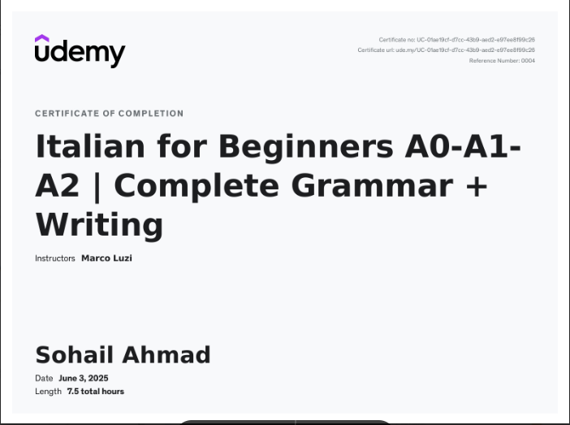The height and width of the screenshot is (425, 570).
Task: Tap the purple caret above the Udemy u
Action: coord(42,38)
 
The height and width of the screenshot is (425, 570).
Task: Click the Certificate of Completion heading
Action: coord(109,114)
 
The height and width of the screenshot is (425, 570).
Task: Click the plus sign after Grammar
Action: coord(476,185)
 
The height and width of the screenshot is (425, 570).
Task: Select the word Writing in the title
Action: coord(99,224)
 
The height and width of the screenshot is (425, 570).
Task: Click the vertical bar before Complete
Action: coord(97,185)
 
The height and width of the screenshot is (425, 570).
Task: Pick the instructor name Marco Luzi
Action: coord(106,258)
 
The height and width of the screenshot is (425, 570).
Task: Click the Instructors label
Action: coord(55,258)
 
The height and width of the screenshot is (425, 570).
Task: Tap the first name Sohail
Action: coord(75,355)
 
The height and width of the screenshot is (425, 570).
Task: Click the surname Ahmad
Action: coord(166,355)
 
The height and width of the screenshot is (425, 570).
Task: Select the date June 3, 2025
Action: coord(83,378)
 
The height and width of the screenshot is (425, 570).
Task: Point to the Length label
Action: coord(48,391)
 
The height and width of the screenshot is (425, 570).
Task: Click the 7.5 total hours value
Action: coord(96,391)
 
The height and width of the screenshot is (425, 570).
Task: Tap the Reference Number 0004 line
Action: coord(502,61)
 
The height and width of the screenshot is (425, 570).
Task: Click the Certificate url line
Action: coord(446,50)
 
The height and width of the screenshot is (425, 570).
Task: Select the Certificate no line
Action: coord(456,40)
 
